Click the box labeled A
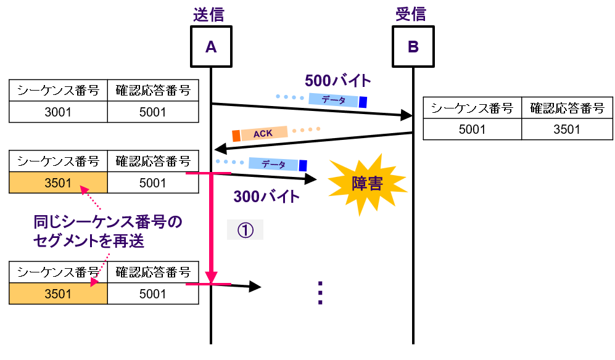(211, 46)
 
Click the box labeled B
(413, 46)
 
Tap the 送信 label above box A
(211, 14)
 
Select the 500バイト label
(338, 81)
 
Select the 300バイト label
(266, 197)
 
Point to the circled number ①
(245, 229)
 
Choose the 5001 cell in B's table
(472, 129)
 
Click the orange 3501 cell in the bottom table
(58, 294)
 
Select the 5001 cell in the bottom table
(153, 294)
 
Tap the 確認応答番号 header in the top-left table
(153, 91)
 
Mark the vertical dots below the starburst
(320, 293)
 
